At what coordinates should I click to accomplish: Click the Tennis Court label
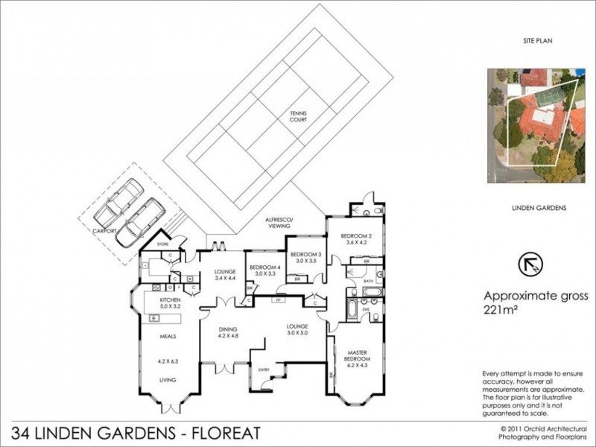click(x=299, y=117)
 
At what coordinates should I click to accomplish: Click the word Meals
click(x=168, y=337)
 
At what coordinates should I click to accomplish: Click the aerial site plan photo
click(x=536, y=127)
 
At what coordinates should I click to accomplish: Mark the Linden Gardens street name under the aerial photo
click(x=535, y=208)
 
